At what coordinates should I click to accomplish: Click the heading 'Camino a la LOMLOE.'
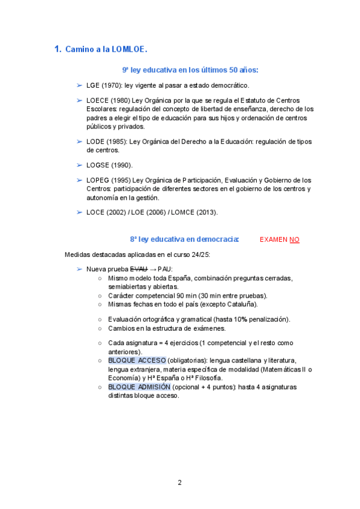tap(106, 49)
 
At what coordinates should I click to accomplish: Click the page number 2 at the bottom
tap(179, 482)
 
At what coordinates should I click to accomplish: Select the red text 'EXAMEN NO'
tap(279, 239)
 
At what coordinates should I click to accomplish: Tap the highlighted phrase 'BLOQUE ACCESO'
tap(137, 360)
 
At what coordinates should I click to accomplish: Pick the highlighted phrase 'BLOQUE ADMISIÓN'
tap(139, 387)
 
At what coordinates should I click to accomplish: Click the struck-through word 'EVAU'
tap(139, 269)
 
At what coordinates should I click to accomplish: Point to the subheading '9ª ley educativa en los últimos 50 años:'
tap(190, 70)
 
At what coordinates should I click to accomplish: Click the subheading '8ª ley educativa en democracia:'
tap(185, 239)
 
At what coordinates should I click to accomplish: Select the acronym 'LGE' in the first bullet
tap(93, 86)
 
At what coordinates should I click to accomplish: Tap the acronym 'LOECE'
tap(97, 100)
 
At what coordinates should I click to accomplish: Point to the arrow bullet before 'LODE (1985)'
tap(80, 142)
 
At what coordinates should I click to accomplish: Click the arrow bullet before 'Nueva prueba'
tap(80, 269)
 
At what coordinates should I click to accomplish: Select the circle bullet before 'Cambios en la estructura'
tap(100, 328)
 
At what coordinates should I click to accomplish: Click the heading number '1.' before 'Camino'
tap(58, 49)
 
